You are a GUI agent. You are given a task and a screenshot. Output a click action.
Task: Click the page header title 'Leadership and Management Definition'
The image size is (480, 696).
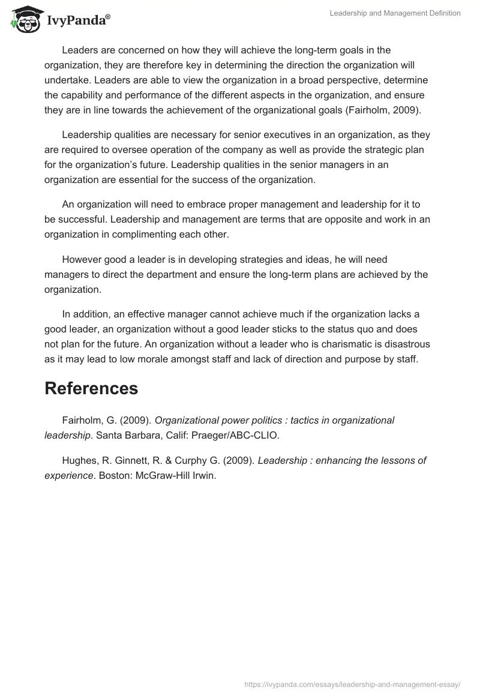tap(395, 13)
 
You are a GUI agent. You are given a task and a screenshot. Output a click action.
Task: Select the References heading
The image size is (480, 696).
tap(91, 388)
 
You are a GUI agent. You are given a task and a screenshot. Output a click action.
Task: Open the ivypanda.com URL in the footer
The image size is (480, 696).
tap(353, 683)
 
